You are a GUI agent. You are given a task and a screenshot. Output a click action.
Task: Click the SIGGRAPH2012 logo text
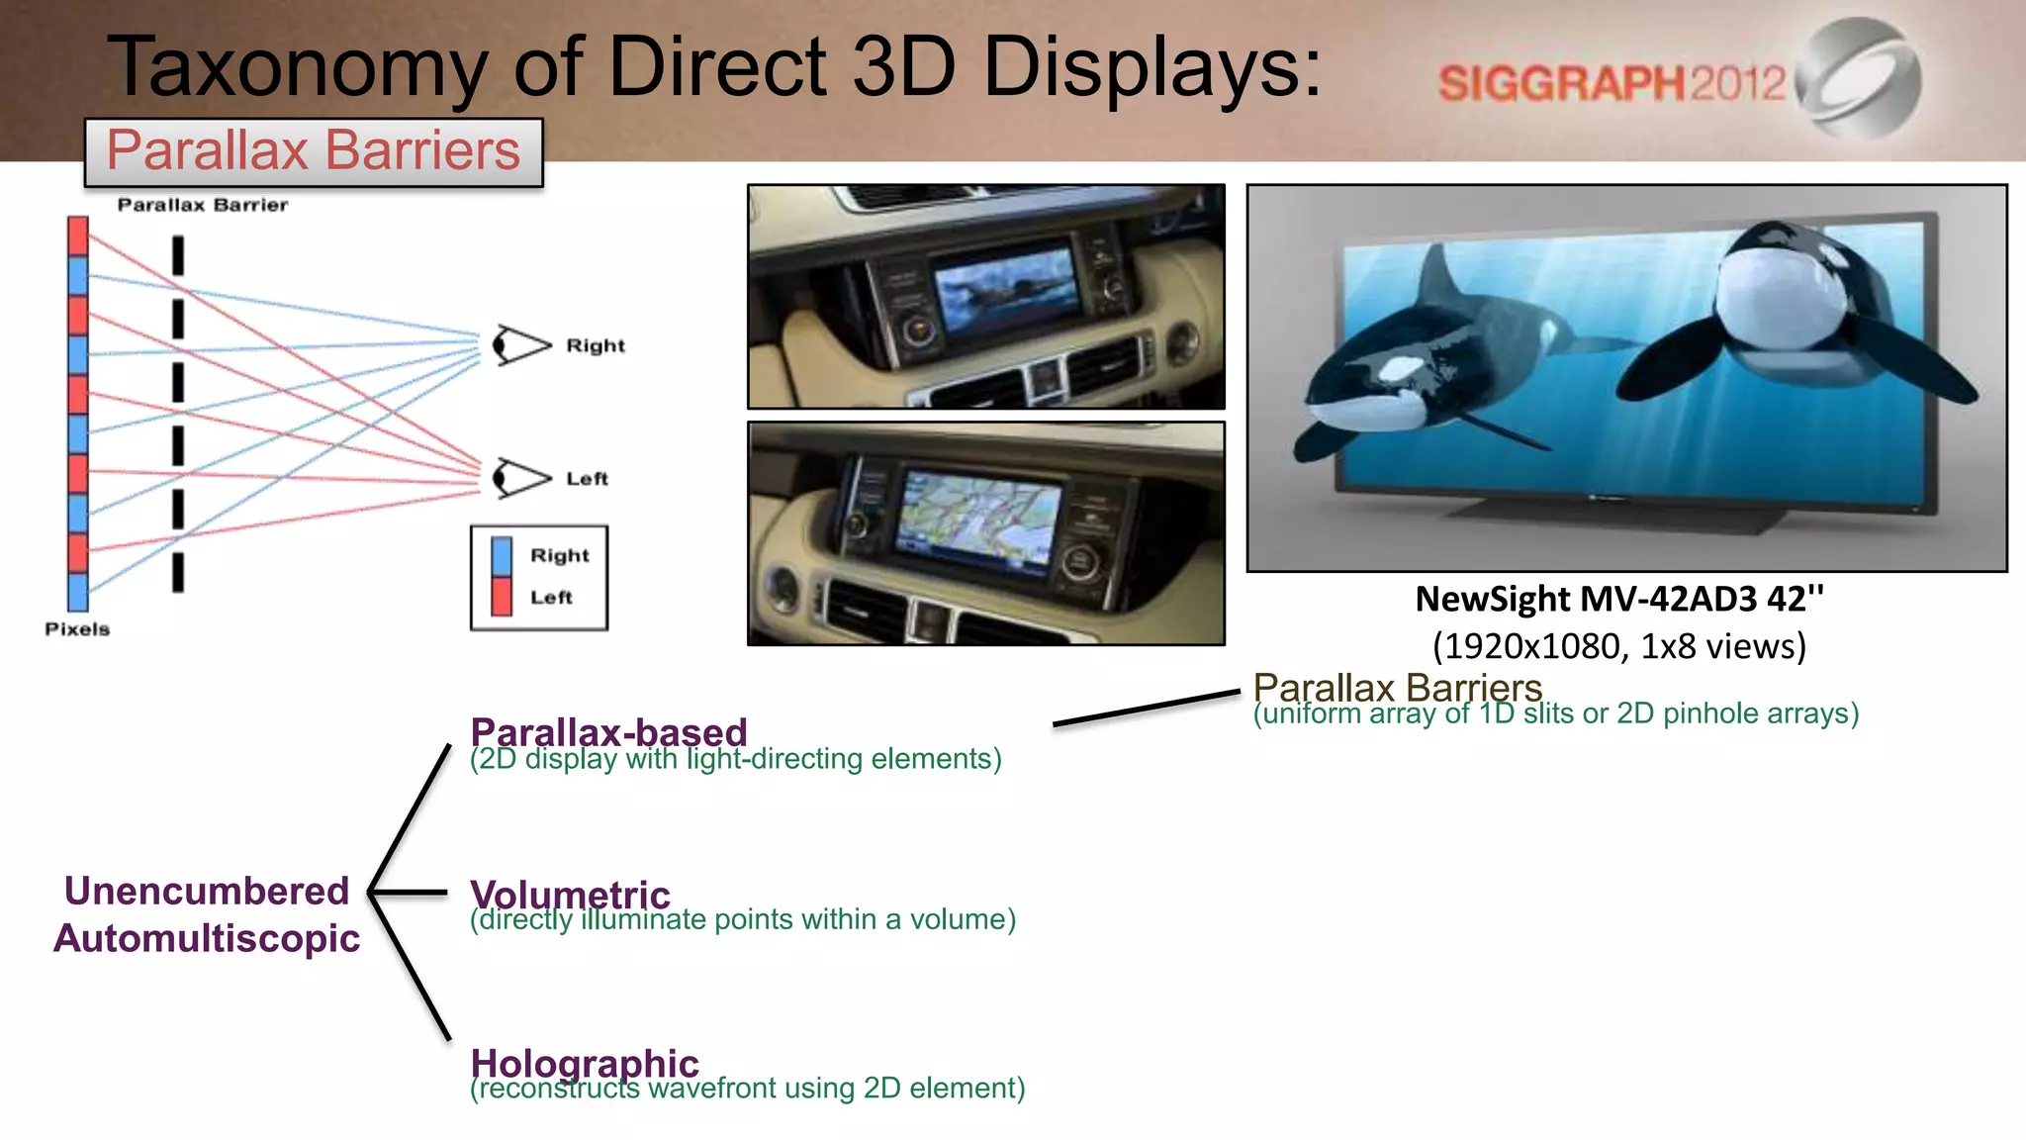(x=1611, y=83)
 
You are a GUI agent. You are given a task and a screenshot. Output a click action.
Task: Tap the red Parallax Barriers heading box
(x=314, y=151)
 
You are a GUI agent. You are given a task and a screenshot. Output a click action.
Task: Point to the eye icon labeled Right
(x=520, y=345)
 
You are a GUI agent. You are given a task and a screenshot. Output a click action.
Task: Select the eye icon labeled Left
(x=520, y=478)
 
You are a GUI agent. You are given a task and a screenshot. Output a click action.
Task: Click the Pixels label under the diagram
(x=77, y=629)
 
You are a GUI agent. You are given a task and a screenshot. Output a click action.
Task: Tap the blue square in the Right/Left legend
(x=502, y=556)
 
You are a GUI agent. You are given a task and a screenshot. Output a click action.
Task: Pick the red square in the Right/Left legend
(x=502, y=597)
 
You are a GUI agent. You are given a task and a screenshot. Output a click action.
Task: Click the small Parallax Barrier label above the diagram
(x=203, y=205)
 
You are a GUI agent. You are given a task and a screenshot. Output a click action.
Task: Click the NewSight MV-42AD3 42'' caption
(x=1619, y=599)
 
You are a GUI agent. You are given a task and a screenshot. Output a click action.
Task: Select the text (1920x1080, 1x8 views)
(x=1619, y=646)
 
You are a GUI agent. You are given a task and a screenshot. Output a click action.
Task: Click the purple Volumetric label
(x=570, y=894)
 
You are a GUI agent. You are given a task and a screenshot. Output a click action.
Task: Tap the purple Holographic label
(x=585, y=1063)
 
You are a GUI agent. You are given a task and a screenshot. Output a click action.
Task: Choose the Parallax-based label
(x=608, y=732)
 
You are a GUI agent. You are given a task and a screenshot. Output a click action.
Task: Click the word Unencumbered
(x=207, y=891)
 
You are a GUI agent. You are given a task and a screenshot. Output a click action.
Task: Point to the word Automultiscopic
(x=207, y=938)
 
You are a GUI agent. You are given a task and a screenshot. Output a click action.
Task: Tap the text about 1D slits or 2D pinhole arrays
(x=1555, y=713)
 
